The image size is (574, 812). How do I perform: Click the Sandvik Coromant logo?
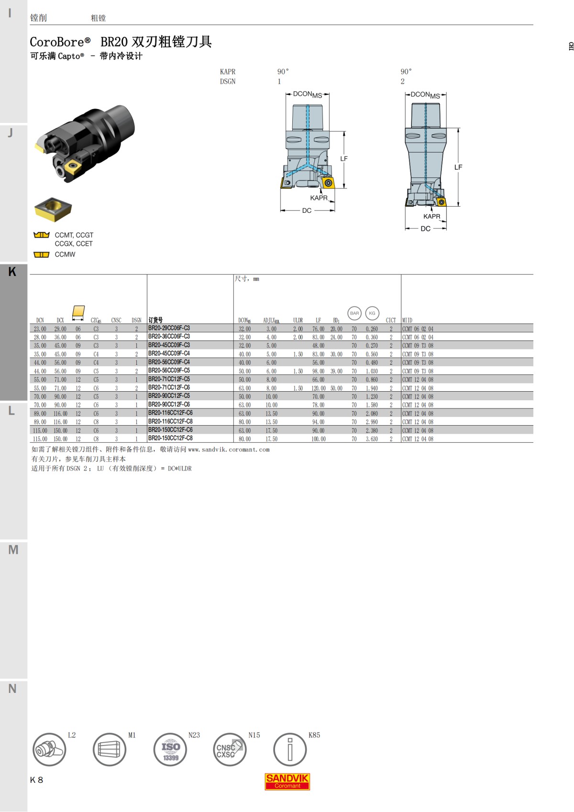click(x=287, y=781)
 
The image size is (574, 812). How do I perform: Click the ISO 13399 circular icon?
click(x=170, y=749)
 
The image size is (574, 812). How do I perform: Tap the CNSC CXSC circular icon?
click(x=230, y=749)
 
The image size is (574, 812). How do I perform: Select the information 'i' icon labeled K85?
click(x=289, y=749)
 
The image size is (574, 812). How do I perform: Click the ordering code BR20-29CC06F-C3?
click(x=169, y=328)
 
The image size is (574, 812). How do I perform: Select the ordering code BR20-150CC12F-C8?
click(x=170, y=438)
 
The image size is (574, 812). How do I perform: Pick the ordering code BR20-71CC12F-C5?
click(x=169, y=379)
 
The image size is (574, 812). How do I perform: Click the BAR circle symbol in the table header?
click(x=354, y=313)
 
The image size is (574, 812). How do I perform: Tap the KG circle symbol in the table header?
click(x=372, y=313)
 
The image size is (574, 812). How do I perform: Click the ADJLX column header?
click(x=271, y=320)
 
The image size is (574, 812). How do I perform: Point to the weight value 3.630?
click(x=372, y=439)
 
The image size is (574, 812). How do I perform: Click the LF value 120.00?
click(x=319, y=388)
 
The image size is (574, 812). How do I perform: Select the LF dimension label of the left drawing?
click(x=344, y=159)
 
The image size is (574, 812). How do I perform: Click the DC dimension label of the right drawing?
click(x=425, y=229)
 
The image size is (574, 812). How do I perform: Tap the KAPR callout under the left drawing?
click(x=319, y=198)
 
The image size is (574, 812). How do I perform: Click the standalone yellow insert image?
click(x=53, y=209)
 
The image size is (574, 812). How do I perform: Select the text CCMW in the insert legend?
click(x=65, y=254)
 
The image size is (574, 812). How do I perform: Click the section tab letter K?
click(x=12, y=272)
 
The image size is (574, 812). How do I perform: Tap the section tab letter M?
click(x=13, y=550)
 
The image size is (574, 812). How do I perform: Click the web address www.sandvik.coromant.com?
click(x=229, y=450)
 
